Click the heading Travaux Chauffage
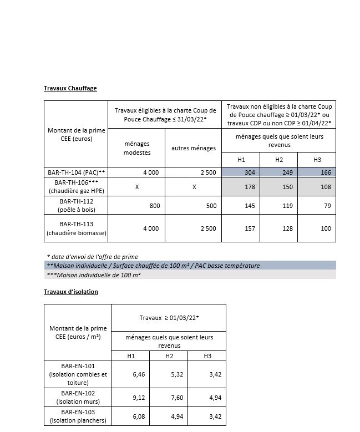click(x=70, y=89)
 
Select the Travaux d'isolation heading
click(x=71, y=292)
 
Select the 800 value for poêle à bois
click(x=155, y=206)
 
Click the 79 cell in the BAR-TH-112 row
click(x=326, y=206)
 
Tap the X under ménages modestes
click(x=137, y=187)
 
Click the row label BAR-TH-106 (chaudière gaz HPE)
click(x=78, y=187)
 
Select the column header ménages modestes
click(x=137, y=148)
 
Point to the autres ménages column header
click(x=194, y=148)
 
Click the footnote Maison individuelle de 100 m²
click(x=94, y=275)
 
